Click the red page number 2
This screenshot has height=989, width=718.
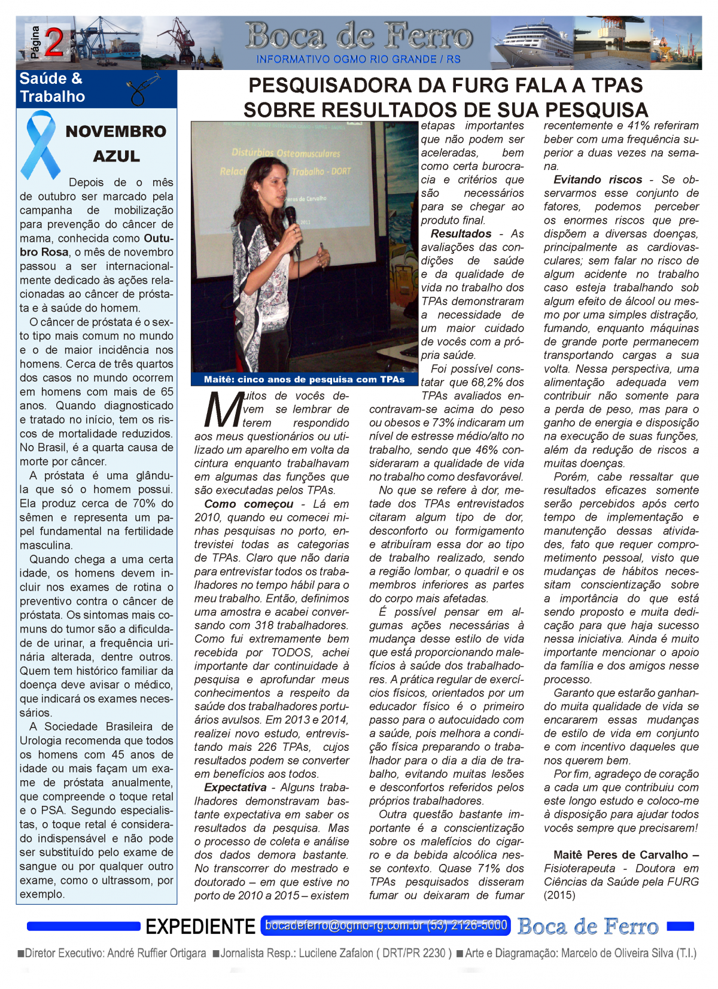[x=54, y=43]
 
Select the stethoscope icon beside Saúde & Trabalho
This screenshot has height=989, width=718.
[x=144, y=88]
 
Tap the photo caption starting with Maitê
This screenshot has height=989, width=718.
[x=304, y=379]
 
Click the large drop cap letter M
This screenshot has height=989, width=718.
[x=223, y=410]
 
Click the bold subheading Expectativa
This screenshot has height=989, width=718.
[x=235, y=787]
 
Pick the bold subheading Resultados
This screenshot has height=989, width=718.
[x=461, y=234]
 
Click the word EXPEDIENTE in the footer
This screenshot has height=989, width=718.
[x=200, y=927]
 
